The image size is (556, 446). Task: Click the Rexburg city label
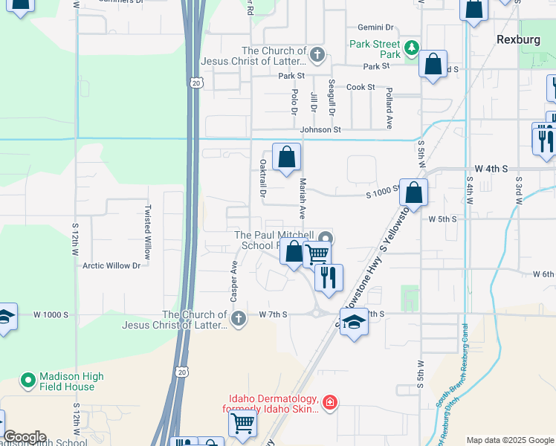click(x=517, y=39)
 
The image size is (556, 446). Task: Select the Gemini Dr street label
click(x=375, y=27)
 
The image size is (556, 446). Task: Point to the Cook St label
click(x=361, y=87)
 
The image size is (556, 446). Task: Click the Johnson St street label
click(x=320, y=129)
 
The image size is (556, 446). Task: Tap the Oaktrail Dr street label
click(x=262, y=177)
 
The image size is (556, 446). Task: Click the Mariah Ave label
click(x=303, y=197)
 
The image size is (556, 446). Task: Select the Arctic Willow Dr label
click(x=111, y=265)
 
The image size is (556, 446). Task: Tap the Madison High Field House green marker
click(x=28, y=381)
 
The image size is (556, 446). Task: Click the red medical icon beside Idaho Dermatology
click(x=330, y=404)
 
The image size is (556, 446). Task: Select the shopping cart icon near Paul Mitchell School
click(x=317, y=253)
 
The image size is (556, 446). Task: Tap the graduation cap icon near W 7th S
click(x=355, y=322)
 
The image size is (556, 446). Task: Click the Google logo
click(x=25, y=437)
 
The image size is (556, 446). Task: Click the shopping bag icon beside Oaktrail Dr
click(x=286, y=157)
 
